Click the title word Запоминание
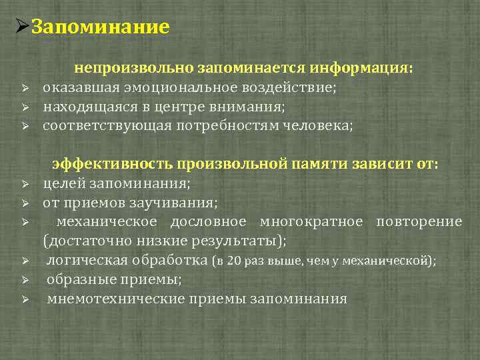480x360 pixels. point(101,27)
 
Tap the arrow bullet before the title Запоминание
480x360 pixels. point(21,27)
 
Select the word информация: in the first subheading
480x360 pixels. point(364,68)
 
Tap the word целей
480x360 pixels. point(61,184)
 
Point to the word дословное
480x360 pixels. point(208,221)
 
